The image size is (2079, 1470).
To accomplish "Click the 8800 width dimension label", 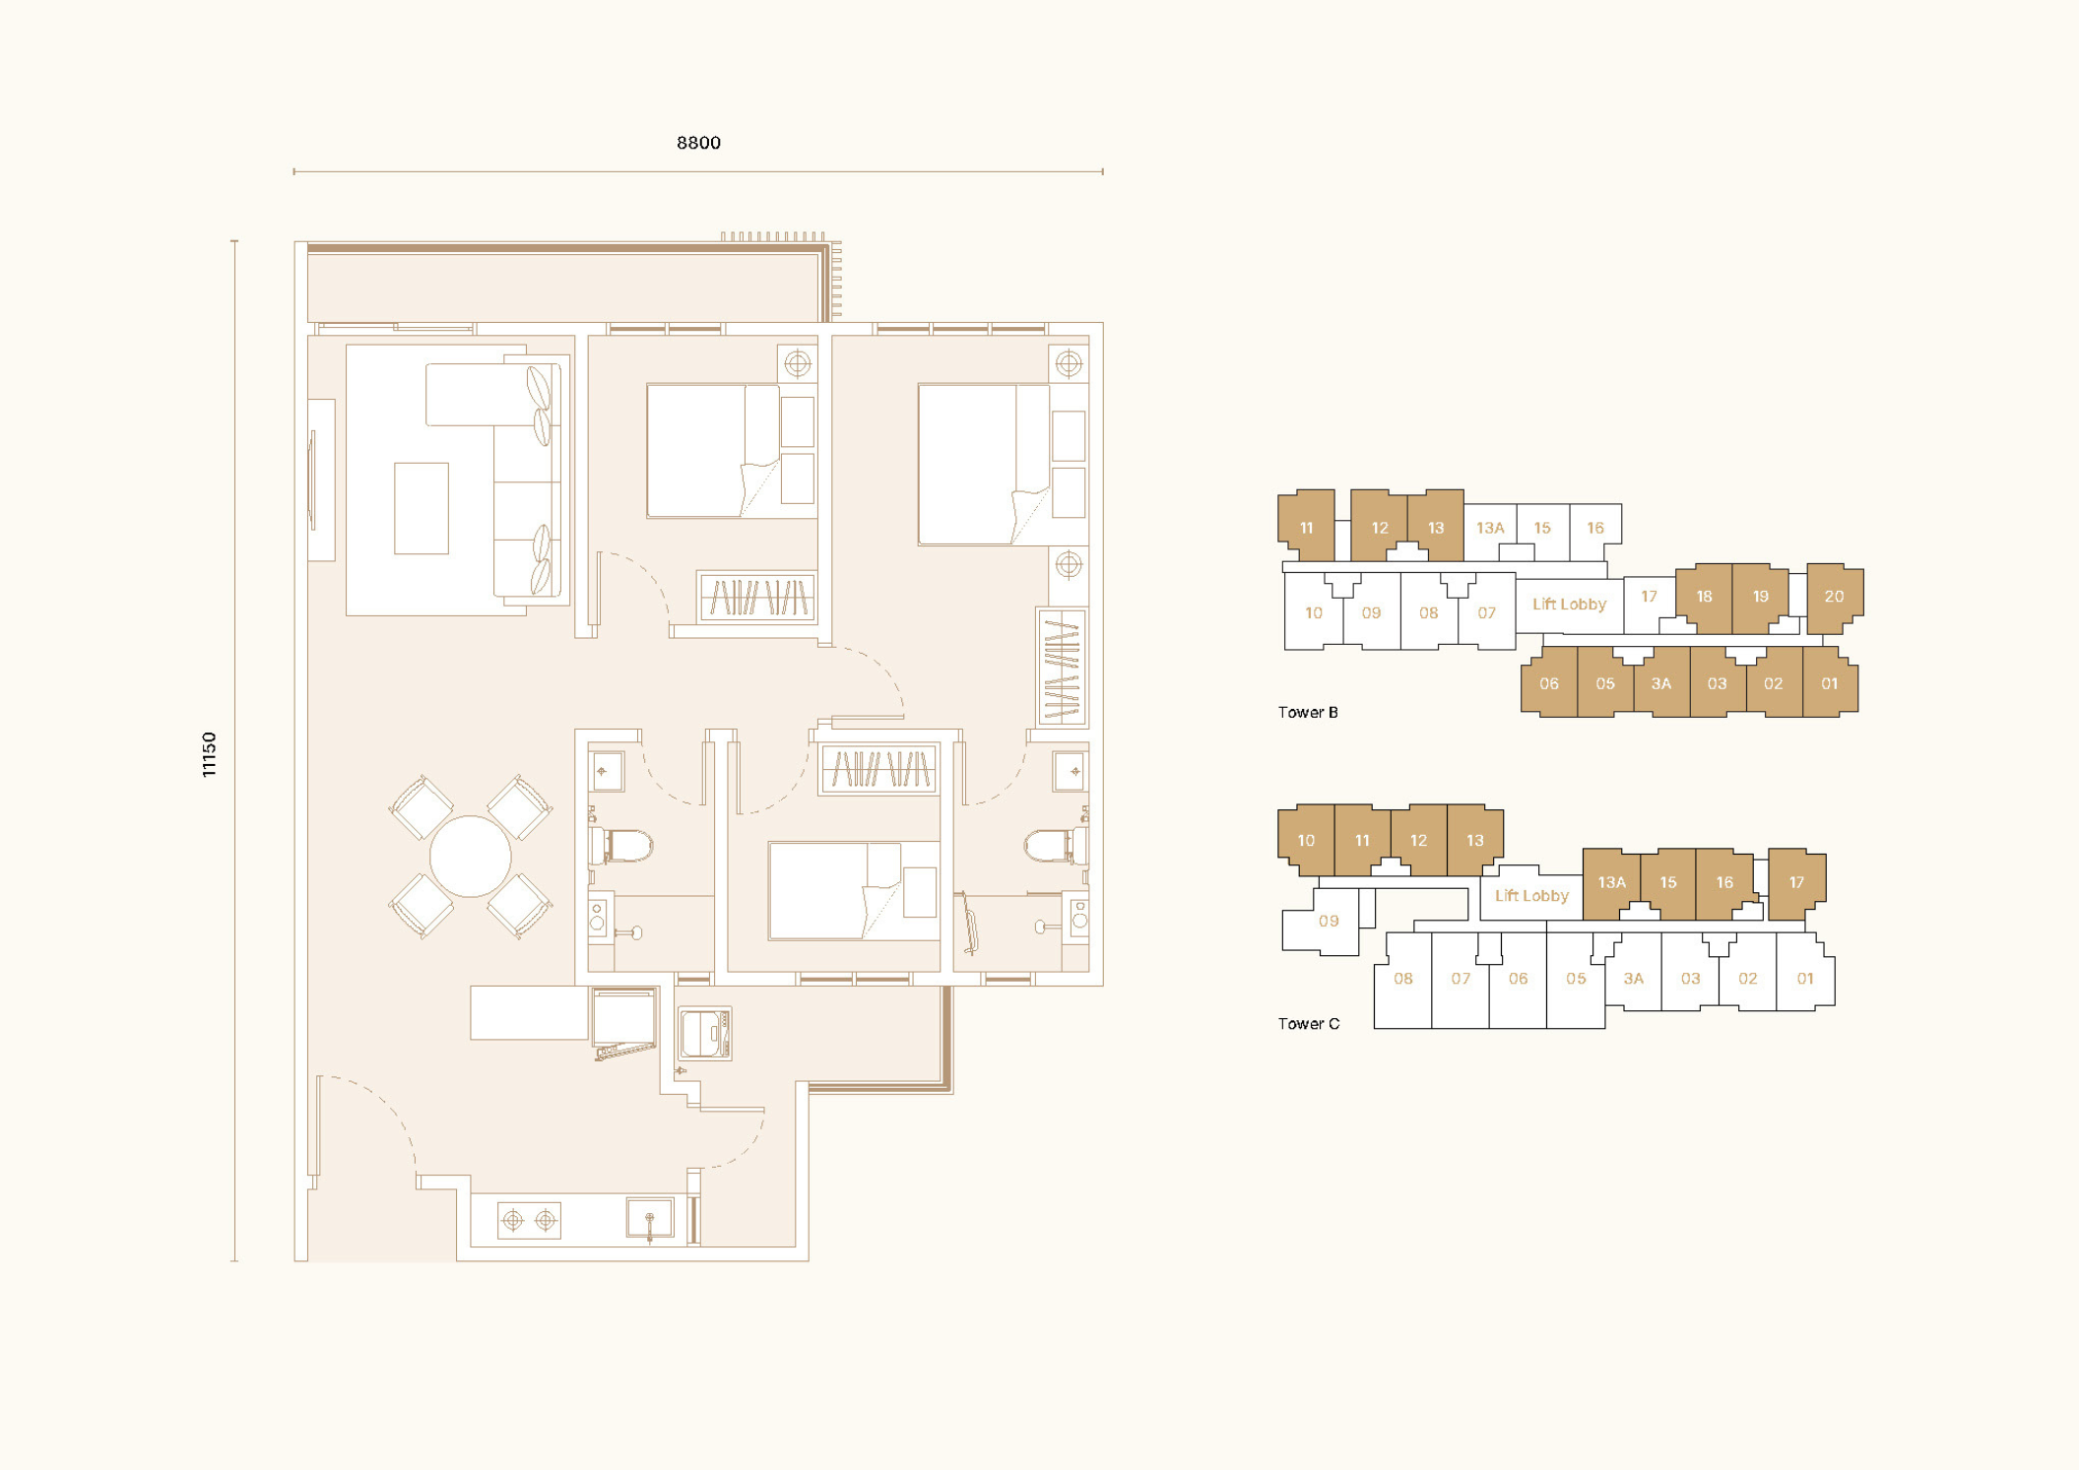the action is (698, 143).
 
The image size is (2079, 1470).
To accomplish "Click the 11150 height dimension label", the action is (209, 754).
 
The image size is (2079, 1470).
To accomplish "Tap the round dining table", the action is (471, 856).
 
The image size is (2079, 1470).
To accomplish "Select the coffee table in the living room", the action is (422, 508).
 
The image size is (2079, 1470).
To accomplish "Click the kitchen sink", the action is (650, 1219).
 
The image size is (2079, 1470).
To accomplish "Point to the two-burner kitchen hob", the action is (529, 1221).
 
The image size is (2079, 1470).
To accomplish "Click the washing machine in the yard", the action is (706, 1033).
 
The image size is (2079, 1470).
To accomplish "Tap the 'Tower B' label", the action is (1308, 712).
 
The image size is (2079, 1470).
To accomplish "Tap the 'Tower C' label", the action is (1309, 1024).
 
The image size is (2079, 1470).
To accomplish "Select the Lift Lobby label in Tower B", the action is (1569, 604).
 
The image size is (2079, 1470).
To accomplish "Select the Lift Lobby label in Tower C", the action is (1531, 895).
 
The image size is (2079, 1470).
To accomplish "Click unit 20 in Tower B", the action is (1835, 597).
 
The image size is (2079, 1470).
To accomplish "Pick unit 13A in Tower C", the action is (1611, 882).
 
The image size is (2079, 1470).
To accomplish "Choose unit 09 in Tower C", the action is (1328, 922).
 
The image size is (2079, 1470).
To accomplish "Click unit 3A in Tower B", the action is (1661, 683).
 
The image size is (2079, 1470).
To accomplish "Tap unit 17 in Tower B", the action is (1649, 597).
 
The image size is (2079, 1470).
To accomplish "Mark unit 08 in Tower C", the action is (1402, 979).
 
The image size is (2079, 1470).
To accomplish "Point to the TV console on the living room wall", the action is (321, 479).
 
